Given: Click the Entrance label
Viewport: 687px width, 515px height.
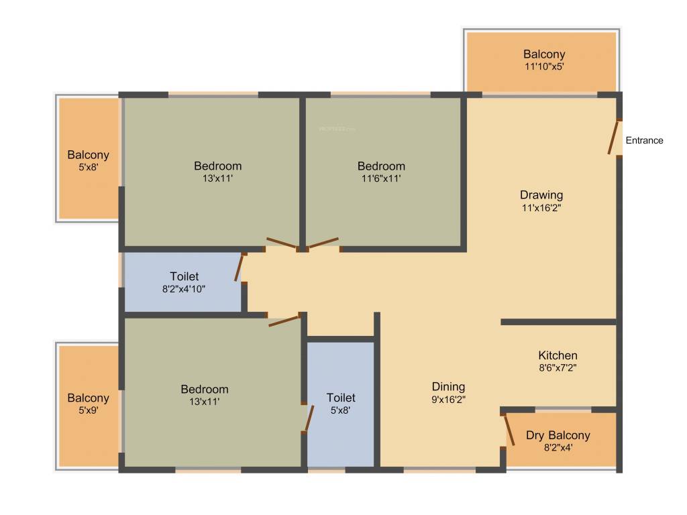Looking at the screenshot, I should tap(644, 140).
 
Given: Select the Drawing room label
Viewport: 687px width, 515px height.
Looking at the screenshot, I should tap(541, 195).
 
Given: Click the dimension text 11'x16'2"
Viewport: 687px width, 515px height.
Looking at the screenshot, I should tap(541, 208).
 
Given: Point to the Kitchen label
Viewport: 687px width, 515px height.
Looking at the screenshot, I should tap(558, 355).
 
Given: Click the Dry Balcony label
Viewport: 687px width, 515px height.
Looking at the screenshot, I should tap(558, 435).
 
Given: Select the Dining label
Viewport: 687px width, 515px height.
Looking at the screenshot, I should tap(448, 386).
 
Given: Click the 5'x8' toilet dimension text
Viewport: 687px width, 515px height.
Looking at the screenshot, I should tap(341, 410).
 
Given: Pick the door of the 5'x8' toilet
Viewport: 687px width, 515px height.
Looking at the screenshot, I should tap(309, 418).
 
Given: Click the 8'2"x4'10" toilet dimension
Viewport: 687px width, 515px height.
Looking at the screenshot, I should tap(184, 289).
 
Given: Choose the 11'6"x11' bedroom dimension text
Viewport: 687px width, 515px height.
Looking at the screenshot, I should tap(380, 179).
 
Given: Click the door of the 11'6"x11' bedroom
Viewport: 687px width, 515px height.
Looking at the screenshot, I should tap(323, 243).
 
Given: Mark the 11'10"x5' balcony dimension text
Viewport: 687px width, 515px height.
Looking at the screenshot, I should tap(544, 67).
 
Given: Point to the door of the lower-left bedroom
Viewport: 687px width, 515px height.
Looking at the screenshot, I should tap(284, 321).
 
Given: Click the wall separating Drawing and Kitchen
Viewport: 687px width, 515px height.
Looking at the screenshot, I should tap(558, 322).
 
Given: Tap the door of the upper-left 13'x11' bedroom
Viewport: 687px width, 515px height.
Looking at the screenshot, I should tap(281, 243).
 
